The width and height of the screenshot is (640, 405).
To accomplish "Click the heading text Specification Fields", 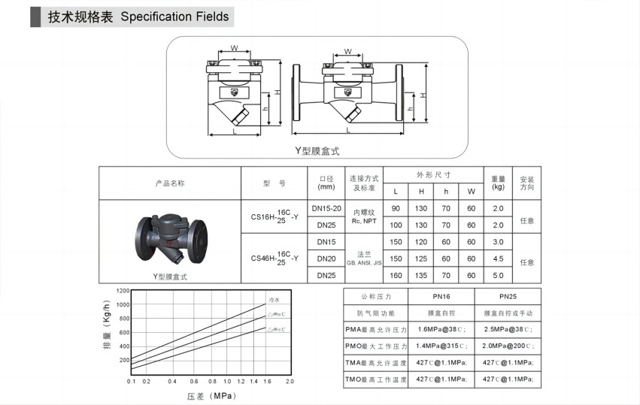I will (x=174, y=17).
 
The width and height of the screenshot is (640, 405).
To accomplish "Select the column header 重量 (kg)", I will (x=497, y=183).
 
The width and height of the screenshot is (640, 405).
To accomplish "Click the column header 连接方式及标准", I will (x=362, y=183).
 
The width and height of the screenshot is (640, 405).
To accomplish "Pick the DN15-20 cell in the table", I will (x=326, y=207).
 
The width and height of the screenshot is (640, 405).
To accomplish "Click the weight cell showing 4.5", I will (x=497, y=258).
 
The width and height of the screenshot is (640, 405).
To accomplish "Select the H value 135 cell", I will (x=421, y=276).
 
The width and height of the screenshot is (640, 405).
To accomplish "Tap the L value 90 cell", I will (x=396, y=208).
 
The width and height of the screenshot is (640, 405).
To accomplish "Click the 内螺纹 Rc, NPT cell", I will (x=362, y=216).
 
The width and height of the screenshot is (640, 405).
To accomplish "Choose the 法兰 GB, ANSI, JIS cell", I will (x=362, y=258).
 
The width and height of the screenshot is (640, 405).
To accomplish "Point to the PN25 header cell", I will (x=508, y=296).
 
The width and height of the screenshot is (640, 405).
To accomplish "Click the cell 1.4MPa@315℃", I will (x=441, y=346).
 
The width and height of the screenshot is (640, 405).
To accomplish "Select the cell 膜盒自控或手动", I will (x=508, y=313).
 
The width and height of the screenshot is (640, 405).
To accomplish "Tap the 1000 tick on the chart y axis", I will (x=123, y=304).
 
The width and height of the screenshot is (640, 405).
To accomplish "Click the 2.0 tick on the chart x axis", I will (x=290, y=381).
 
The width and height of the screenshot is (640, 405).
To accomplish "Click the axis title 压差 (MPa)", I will (x=211, y=395).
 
